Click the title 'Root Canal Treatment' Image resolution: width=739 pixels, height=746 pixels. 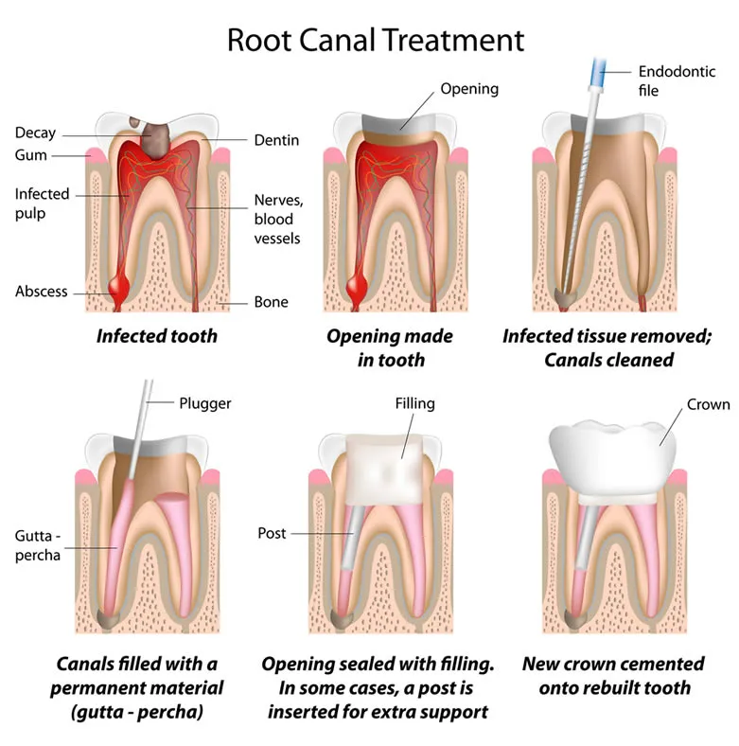point(375,40)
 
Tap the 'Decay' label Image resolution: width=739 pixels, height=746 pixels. point(36,133)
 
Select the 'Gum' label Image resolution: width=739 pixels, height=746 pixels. point(30,154)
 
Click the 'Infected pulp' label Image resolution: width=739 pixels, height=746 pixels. point(42,204)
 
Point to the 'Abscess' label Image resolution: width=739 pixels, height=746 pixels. point(41,292)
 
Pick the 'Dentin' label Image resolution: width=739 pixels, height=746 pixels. point(276,140)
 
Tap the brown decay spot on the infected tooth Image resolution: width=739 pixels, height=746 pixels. point(151,136)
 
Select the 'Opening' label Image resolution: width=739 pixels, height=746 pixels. point(469,89)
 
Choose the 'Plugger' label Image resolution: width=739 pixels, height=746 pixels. point(204,403)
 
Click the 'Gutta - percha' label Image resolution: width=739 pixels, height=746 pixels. point(38,546)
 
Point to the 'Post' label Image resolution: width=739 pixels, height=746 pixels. point(272,533)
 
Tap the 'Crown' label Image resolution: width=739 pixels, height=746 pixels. point(708,404)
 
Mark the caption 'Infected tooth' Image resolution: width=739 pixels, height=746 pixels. point(156,335)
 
